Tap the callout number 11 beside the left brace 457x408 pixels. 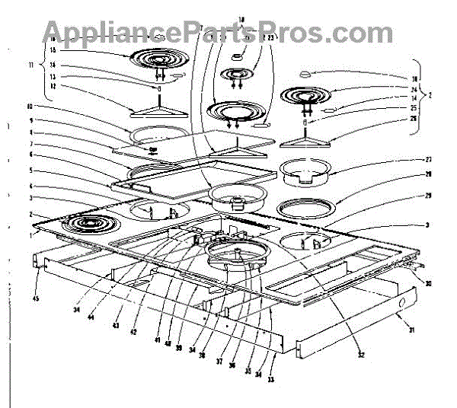point(30,66)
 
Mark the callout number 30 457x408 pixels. point(429,284)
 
